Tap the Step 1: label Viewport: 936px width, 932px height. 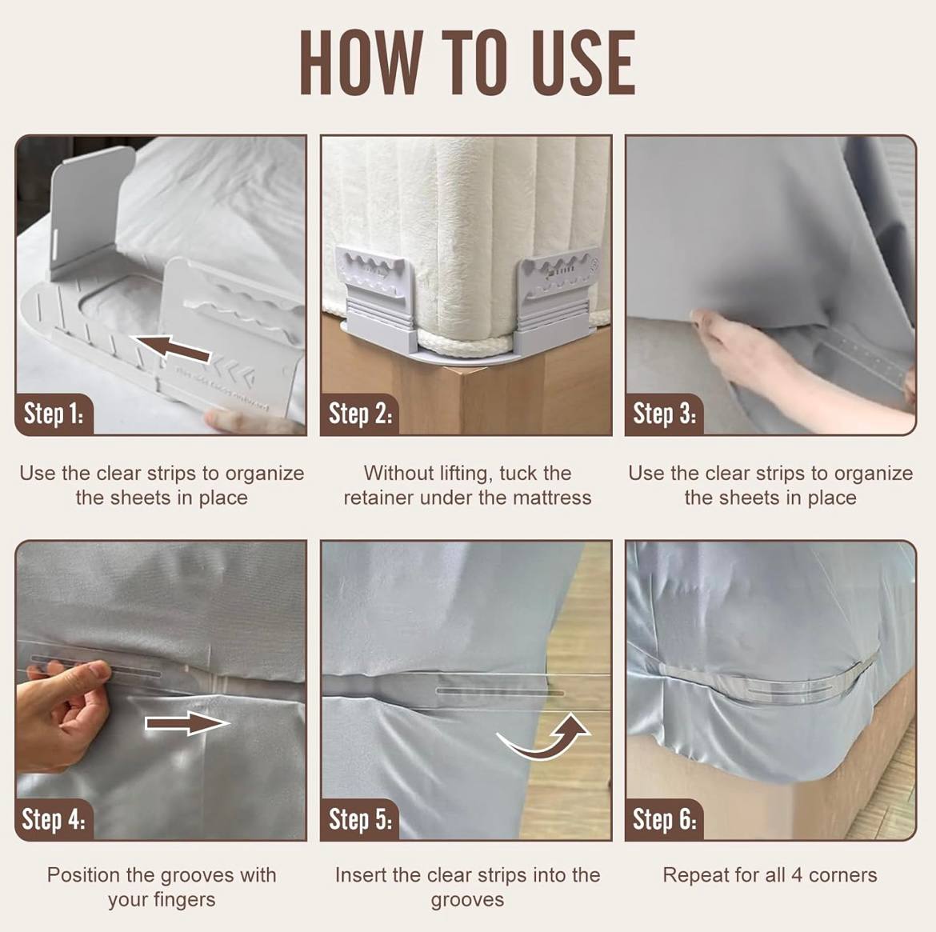tap(54, 414)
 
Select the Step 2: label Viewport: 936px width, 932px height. tap(360, 414)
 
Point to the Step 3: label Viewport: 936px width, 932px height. tap(664, 414)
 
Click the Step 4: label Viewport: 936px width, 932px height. tap(54, 819)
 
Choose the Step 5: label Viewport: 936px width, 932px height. tap(360, 819)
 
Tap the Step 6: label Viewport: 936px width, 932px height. tap(664, 819)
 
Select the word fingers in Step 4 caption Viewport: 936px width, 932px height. tap(184, 899)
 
